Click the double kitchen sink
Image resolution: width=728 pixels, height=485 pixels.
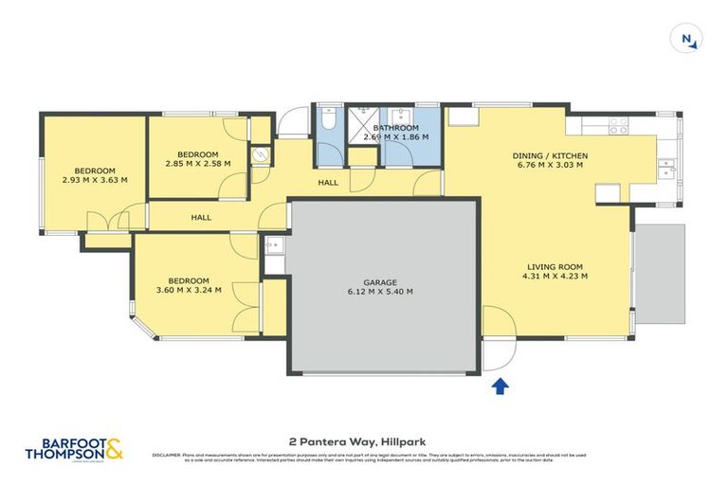point(667,168)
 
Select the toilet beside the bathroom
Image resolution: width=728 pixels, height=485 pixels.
point(327,119)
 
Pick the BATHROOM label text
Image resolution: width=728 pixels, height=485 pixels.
point(396,128)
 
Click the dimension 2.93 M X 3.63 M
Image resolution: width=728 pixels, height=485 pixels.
point(95,180)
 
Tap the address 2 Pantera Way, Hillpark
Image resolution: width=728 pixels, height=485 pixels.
point(364,440)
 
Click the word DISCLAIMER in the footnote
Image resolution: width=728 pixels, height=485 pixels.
point(167,455)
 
